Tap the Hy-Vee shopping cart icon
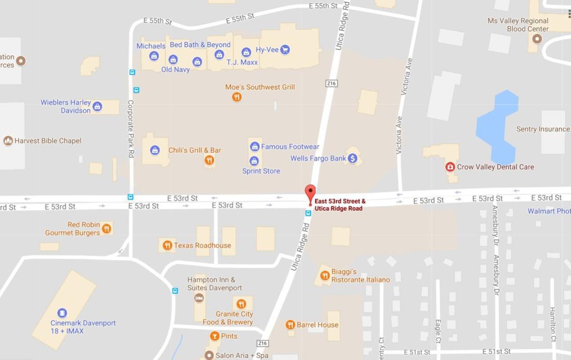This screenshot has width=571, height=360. (285, 50)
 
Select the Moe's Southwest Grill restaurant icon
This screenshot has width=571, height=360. (237, 97)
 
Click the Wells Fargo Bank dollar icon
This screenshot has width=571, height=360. (353, 159)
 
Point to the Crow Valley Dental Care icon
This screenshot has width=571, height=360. (450, 167)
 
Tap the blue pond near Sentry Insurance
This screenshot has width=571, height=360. (497, 126)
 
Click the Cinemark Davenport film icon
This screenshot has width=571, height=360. (62, 313)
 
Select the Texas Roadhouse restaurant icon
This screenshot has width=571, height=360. (167, 246)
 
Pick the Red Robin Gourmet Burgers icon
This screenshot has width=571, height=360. (107, 229)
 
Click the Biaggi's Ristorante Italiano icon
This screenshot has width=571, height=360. (325, 275)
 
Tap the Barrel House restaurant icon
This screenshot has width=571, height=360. (290, 325)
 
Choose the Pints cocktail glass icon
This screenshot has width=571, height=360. (215, 336)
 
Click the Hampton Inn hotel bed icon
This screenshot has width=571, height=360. (199, 298)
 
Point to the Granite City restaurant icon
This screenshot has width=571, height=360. (241, 303)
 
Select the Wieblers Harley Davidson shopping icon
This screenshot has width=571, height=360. (98, 106)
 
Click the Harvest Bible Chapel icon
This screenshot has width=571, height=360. (8, 141)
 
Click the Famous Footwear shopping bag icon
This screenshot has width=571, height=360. (255, 147)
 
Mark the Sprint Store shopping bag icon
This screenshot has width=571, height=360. (254, 161)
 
